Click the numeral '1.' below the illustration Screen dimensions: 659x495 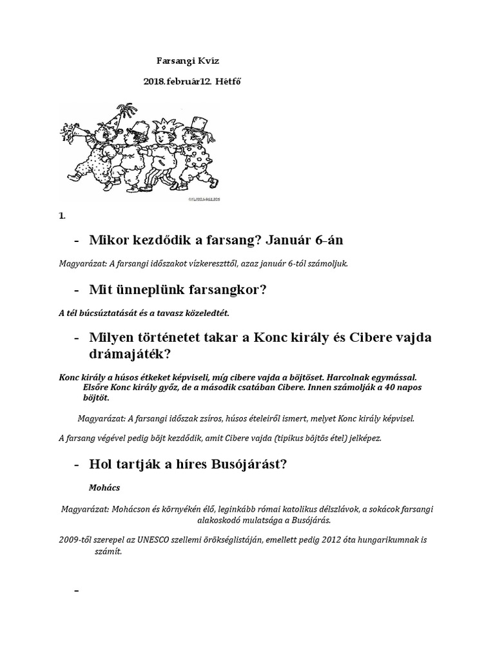click(x=62, y=216)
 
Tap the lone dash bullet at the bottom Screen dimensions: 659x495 click(x=77, y=591)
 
